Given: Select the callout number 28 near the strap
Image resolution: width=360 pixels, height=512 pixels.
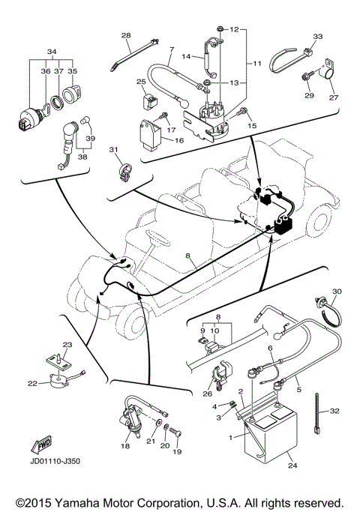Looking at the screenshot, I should [125, 36].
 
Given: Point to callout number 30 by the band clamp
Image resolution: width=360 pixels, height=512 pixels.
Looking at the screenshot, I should [336, 291].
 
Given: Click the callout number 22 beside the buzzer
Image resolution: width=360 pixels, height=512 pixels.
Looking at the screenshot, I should [32, 384].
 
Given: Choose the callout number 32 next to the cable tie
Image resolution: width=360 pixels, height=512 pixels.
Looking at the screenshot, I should [334, 411].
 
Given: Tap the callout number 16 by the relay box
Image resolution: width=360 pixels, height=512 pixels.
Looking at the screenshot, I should [179, 139].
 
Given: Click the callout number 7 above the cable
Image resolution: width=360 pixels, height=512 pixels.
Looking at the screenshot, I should [170, 50].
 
